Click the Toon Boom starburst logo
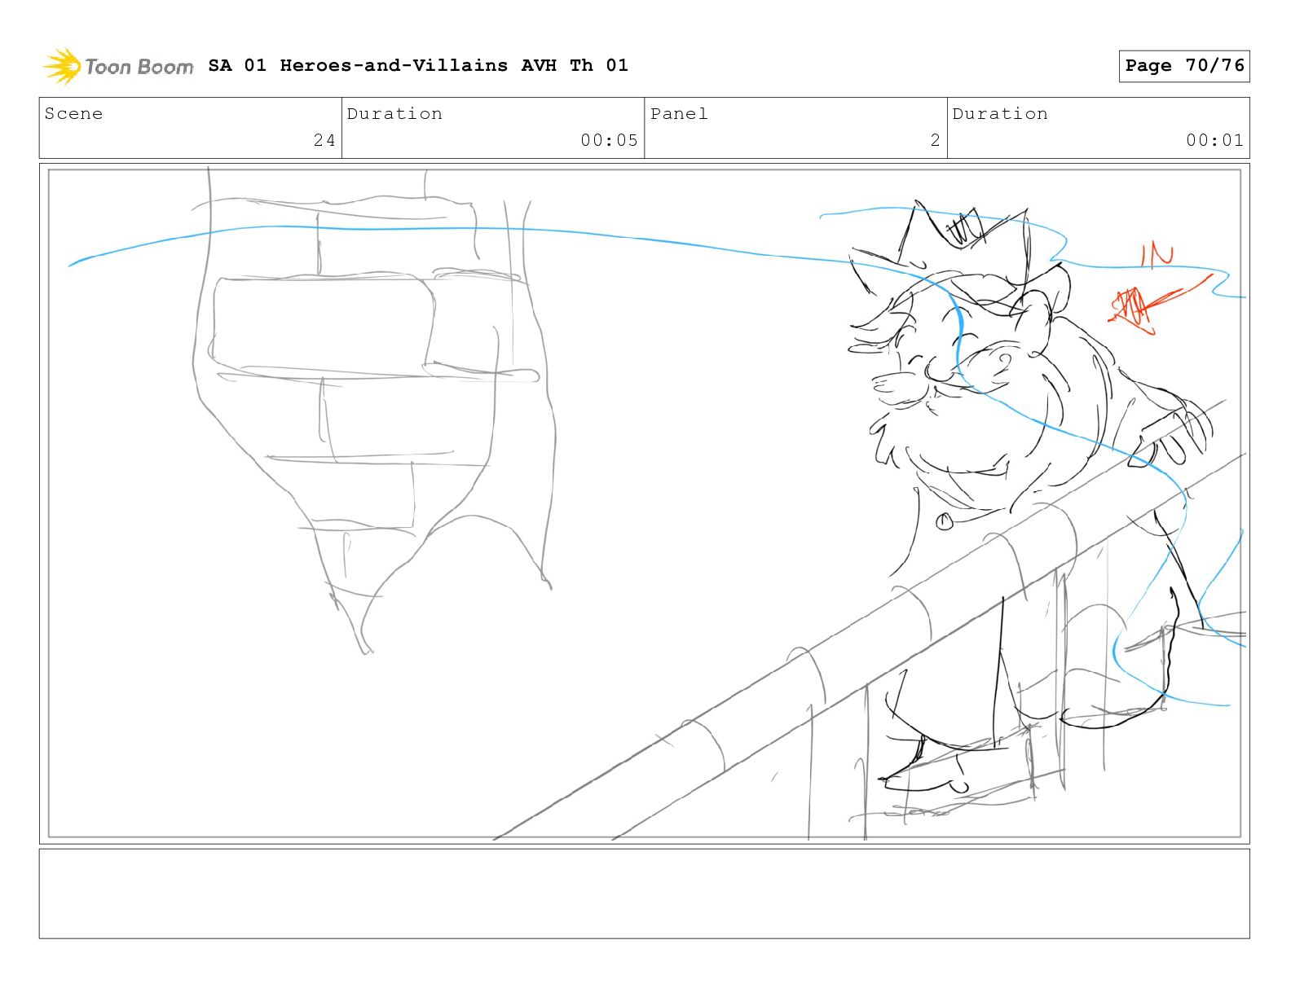click(62, 66)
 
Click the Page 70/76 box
click(1183, 66)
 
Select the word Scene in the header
click(73, 113)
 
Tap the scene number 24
click(324, 140)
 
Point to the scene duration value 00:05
click(609, 140)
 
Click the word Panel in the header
click(679, 113)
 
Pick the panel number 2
click(935, 140)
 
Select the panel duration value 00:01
click(1214, 140)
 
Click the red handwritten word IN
click(1157, 255)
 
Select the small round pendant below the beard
click(944, 521)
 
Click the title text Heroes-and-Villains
click(394, 65)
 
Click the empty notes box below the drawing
click(645, 893)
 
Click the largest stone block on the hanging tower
click(324, 325)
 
